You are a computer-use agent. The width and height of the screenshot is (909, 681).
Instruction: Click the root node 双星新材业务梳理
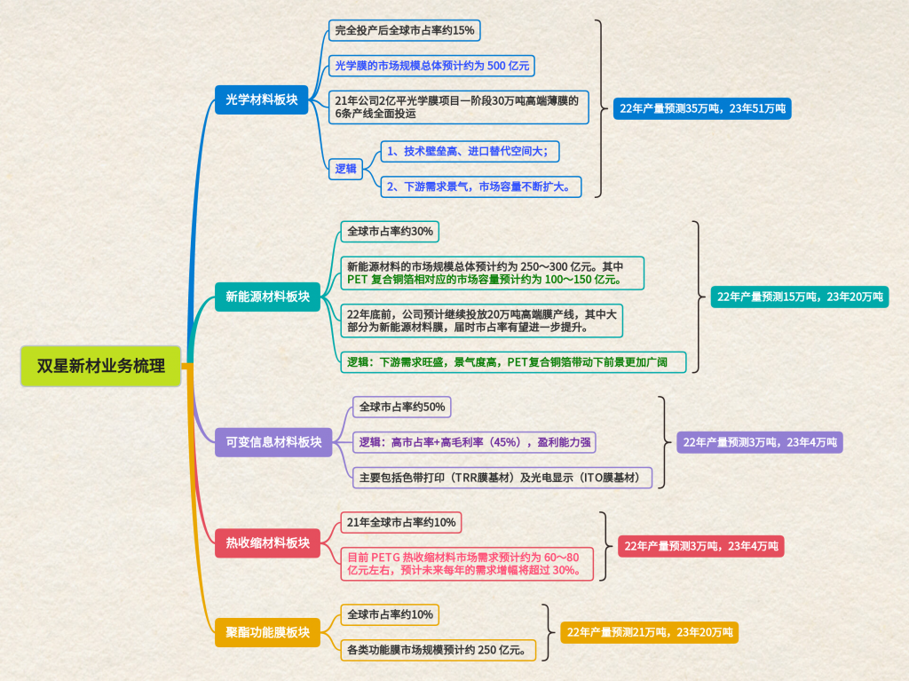(100, 366)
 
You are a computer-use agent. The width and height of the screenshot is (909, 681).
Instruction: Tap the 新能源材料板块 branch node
(267, 297)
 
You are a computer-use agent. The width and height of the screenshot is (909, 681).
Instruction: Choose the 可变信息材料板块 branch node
(273, 441)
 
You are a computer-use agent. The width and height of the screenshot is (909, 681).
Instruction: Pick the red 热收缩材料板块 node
(267, 542)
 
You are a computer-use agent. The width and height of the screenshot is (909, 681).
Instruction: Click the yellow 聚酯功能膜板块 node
(267, 632)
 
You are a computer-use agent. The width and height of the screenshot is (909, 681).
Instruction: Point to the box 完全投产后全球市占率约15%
(404, 31)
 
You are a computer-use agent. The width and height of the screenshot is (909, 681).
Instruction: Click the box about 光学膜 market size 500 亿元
(431, 66)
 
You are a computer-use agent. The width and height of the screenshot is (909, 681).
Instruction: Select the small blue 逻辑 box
(345, 169)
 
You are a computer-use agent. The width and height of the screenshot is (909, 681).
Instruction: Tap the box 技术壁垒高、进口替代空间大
(470, 151)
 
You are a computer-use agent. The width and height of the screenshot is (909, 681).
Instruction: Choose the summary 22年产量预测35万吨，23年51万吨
(700, 108)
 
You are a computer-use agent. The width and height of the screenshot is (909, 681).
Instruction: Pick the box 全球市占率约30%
(391, 231)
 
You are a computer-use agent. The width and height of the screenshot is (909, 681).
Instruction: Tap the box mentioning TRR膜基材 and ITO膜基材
(502, 478)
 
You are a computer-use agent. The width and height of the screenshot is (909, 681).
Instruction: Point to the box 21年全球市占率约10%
(401, 522)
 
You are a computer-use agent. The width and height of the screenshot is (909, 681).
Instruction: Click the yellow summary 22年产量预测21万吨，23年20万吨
(649, 632)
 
